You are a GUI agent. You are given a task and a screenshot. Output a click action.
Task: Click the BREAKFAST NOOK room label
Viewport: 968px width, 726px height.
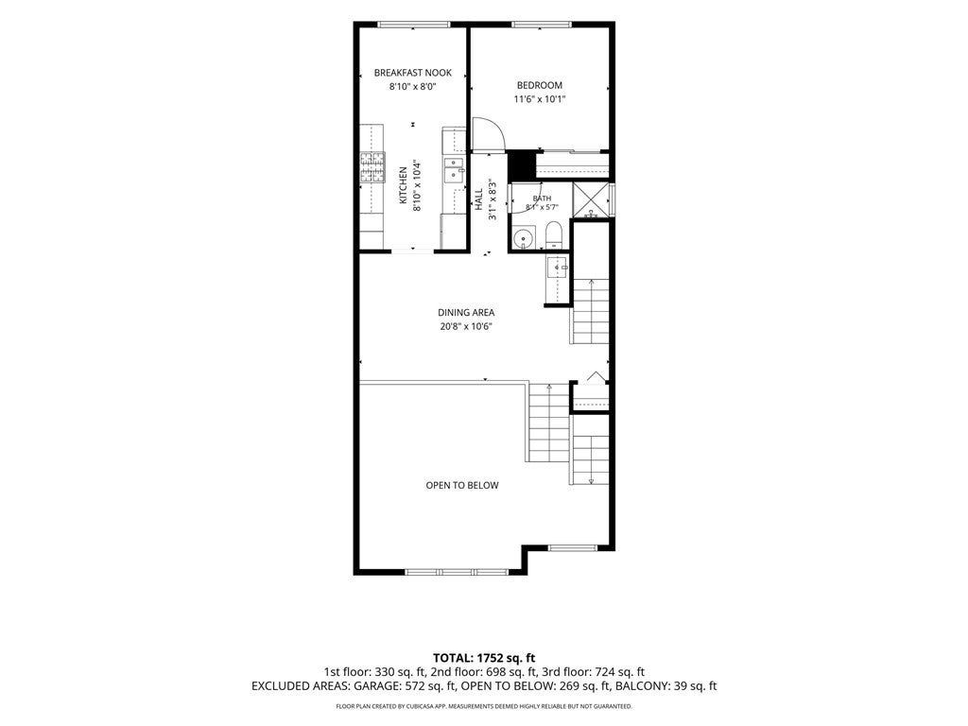point(412,73)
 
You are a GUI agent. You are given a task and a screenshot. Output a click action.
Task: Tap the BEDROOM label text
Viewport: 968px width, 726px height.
point(540,85)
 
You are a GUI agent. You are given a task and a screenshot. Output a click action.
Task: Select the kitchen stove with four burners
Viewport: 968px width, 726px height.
point(372,167)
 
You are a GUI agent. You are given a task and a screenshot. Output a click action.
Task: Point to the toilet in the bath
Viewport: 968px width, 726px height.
point(553,235)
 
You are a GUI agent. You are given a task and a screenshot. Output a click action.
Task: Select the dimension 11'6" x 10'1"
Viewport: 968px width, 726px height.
point(540,98)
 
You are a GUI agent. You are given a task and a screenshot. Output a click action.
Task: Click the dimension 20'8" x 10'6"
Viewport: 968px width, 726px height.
point(466,326)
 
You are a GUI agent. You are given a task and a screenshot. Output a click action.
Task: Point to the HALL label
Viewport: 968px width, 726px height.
point(479,199)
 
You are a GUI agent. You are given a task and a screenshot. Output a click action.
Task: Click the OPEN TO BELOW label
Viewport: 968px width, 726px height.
point(462,485)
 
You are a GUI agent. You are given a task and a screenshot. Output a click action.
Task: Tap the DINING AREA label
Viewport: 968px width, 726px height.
point(466,312)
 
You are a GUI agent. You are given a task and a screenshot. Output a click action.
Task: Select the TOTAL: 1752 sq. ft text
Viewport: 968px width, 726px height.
point(484,658)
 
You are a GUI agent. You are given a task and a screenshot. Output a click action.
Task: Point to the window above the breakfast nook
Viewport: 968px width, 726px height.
point(414,25)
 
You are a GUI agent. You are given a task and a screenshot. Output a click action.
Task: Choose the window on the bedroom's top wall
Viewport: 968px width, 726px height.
point(542,25)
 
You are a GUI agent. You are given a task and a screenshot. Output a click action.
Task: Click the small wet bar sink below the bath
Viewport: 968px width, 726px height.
point(558,268)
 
